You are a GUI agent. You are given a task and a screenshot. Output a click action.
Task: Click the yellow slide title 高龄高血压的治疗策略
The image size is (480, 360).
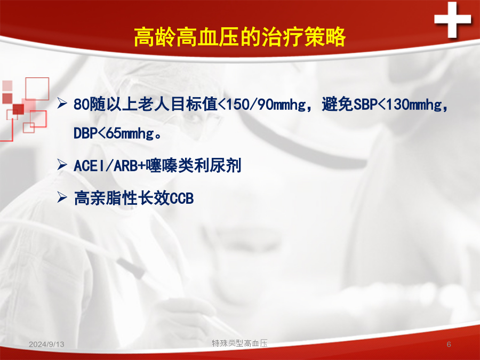[239, 37]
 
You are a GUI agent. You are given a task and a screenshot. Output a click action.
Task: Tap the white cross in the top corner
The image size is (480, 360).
[452, 20]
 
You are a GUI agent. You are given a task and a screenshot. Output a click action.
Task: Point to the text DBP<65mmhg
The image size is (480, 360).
[114, 133]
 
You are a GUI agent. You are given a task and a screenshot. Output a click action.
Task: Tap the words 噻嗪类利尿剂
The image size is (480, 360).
[194, 166]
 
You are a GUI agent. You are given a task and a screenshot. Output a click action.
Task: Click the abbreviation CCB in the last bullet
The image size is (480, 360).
[182, 198]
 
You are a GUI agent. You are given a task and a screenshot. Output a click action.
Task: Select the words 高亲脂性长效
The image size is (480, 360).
[122, 198]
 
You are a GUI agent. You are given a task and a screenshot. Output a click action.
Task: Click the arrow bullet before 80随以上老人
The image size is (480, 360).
[62, 103]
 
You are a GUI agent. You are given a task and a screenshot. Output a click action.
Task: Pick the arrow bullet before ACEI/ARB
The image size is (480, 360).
[62, 165]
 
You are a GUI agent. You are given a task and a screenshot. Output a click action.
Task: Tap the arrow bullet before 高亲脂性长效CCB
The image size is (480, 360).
[62, 197]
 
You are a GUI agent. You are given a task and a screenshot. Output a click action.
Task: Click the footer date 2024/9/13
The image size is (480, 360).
[46, 345]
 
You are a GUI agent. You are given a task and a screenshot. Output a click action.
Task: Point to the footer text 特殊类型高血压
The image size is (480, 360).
[239, 343]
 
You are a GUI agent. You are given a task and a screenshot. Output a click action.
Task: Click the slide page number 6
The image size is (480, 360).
[449, 345]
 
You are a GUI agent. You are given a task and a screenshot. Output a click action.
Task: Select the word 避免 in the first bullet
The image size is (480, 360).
[338, 105]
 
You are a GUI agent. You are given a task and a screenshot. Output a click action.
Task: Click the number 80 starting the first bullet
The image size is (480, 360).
[82, 105]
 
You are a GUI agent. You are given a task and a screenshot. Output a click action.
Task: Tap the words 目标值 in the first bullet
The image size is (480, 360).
[194, 105]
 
